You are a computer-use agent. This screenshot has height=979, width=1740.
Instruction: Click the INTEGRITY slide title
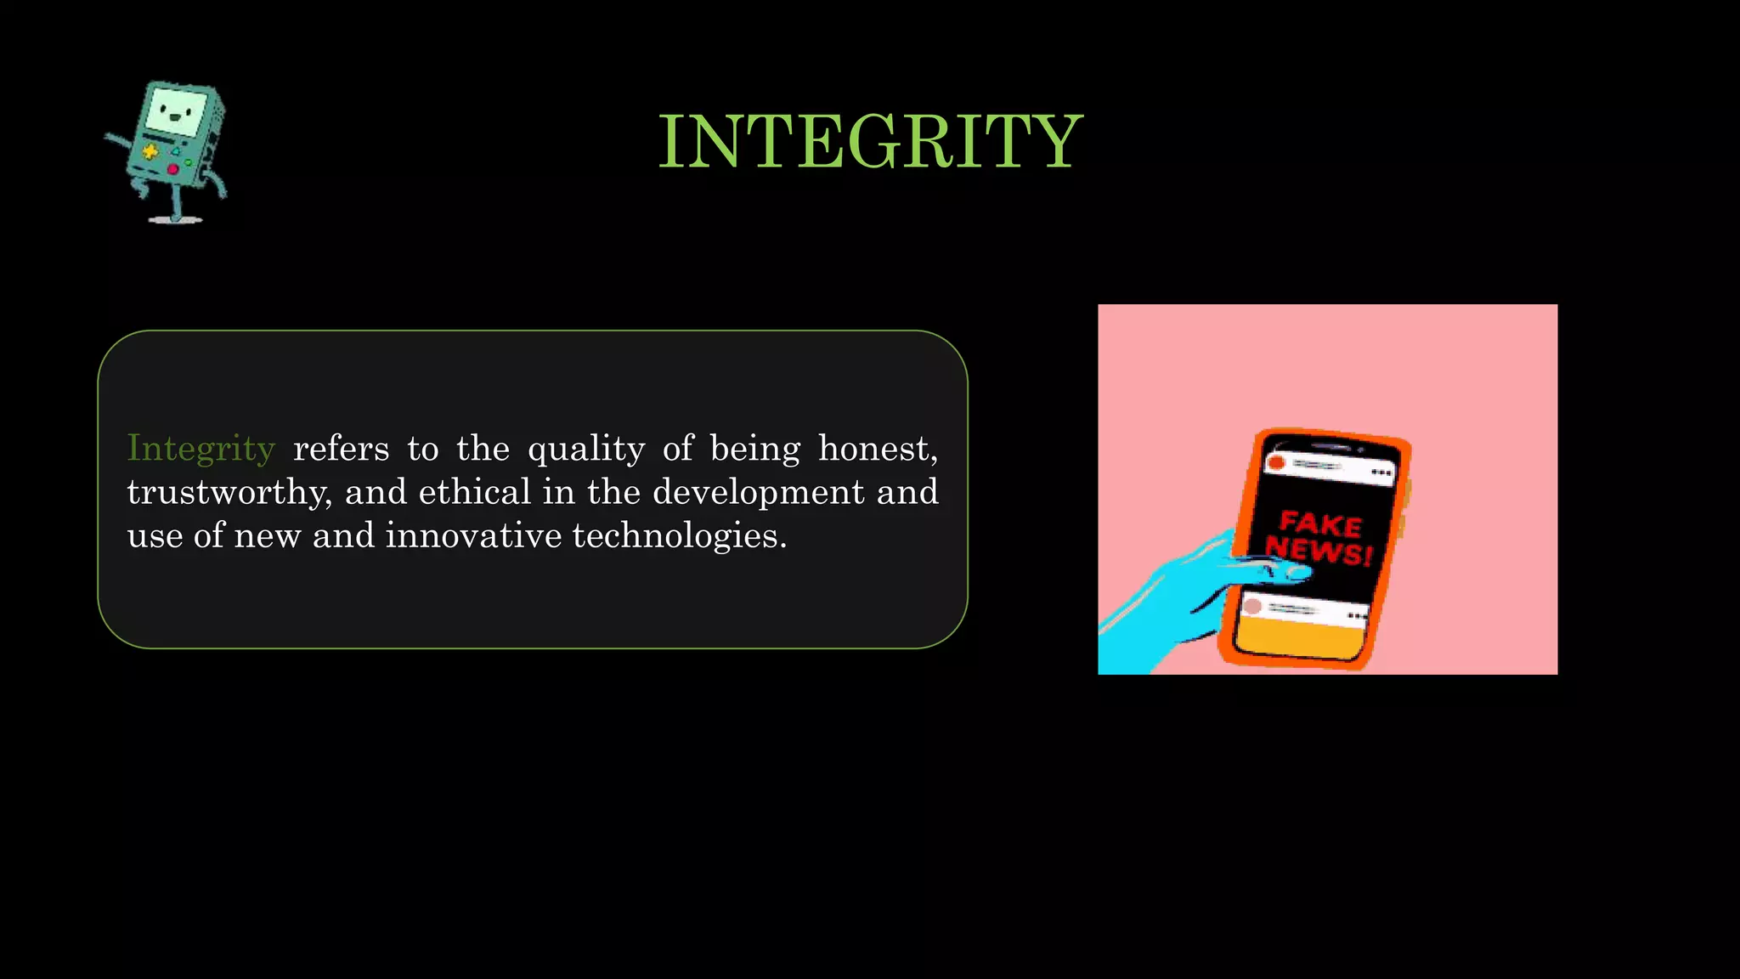click(870, 142)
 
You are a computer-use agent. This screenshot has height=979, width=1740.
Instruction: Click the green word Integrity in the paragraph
click(201, 449)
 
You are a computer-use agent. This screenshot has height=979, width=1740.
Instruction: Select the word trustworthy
click(228, 493)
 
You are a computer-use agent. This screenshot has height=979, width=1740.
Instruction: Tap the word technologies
click(679, 536)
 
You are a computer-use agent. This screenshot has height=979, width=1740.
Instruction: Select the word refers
click(341, 449)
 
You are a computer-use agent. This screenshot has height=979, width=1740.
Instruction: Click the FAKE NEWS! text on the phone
click(1319, 537)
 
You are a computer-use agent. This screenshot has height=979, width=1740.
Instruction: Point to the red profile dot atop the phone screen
click(1275, 463)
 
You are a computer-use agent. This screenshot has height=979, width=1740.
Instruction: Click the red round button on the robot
click(172, 170)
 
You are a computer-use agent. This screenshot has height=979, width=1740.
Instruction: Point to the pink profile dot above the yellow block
click(1251, 607)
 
